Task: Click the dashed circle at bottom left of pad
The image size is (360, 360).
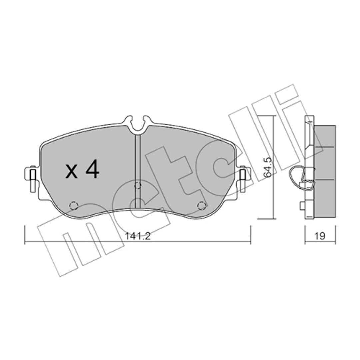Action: [x=74, y=205]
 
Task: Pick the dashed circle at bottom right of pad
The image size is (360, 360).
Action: [x=201, y=205]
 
